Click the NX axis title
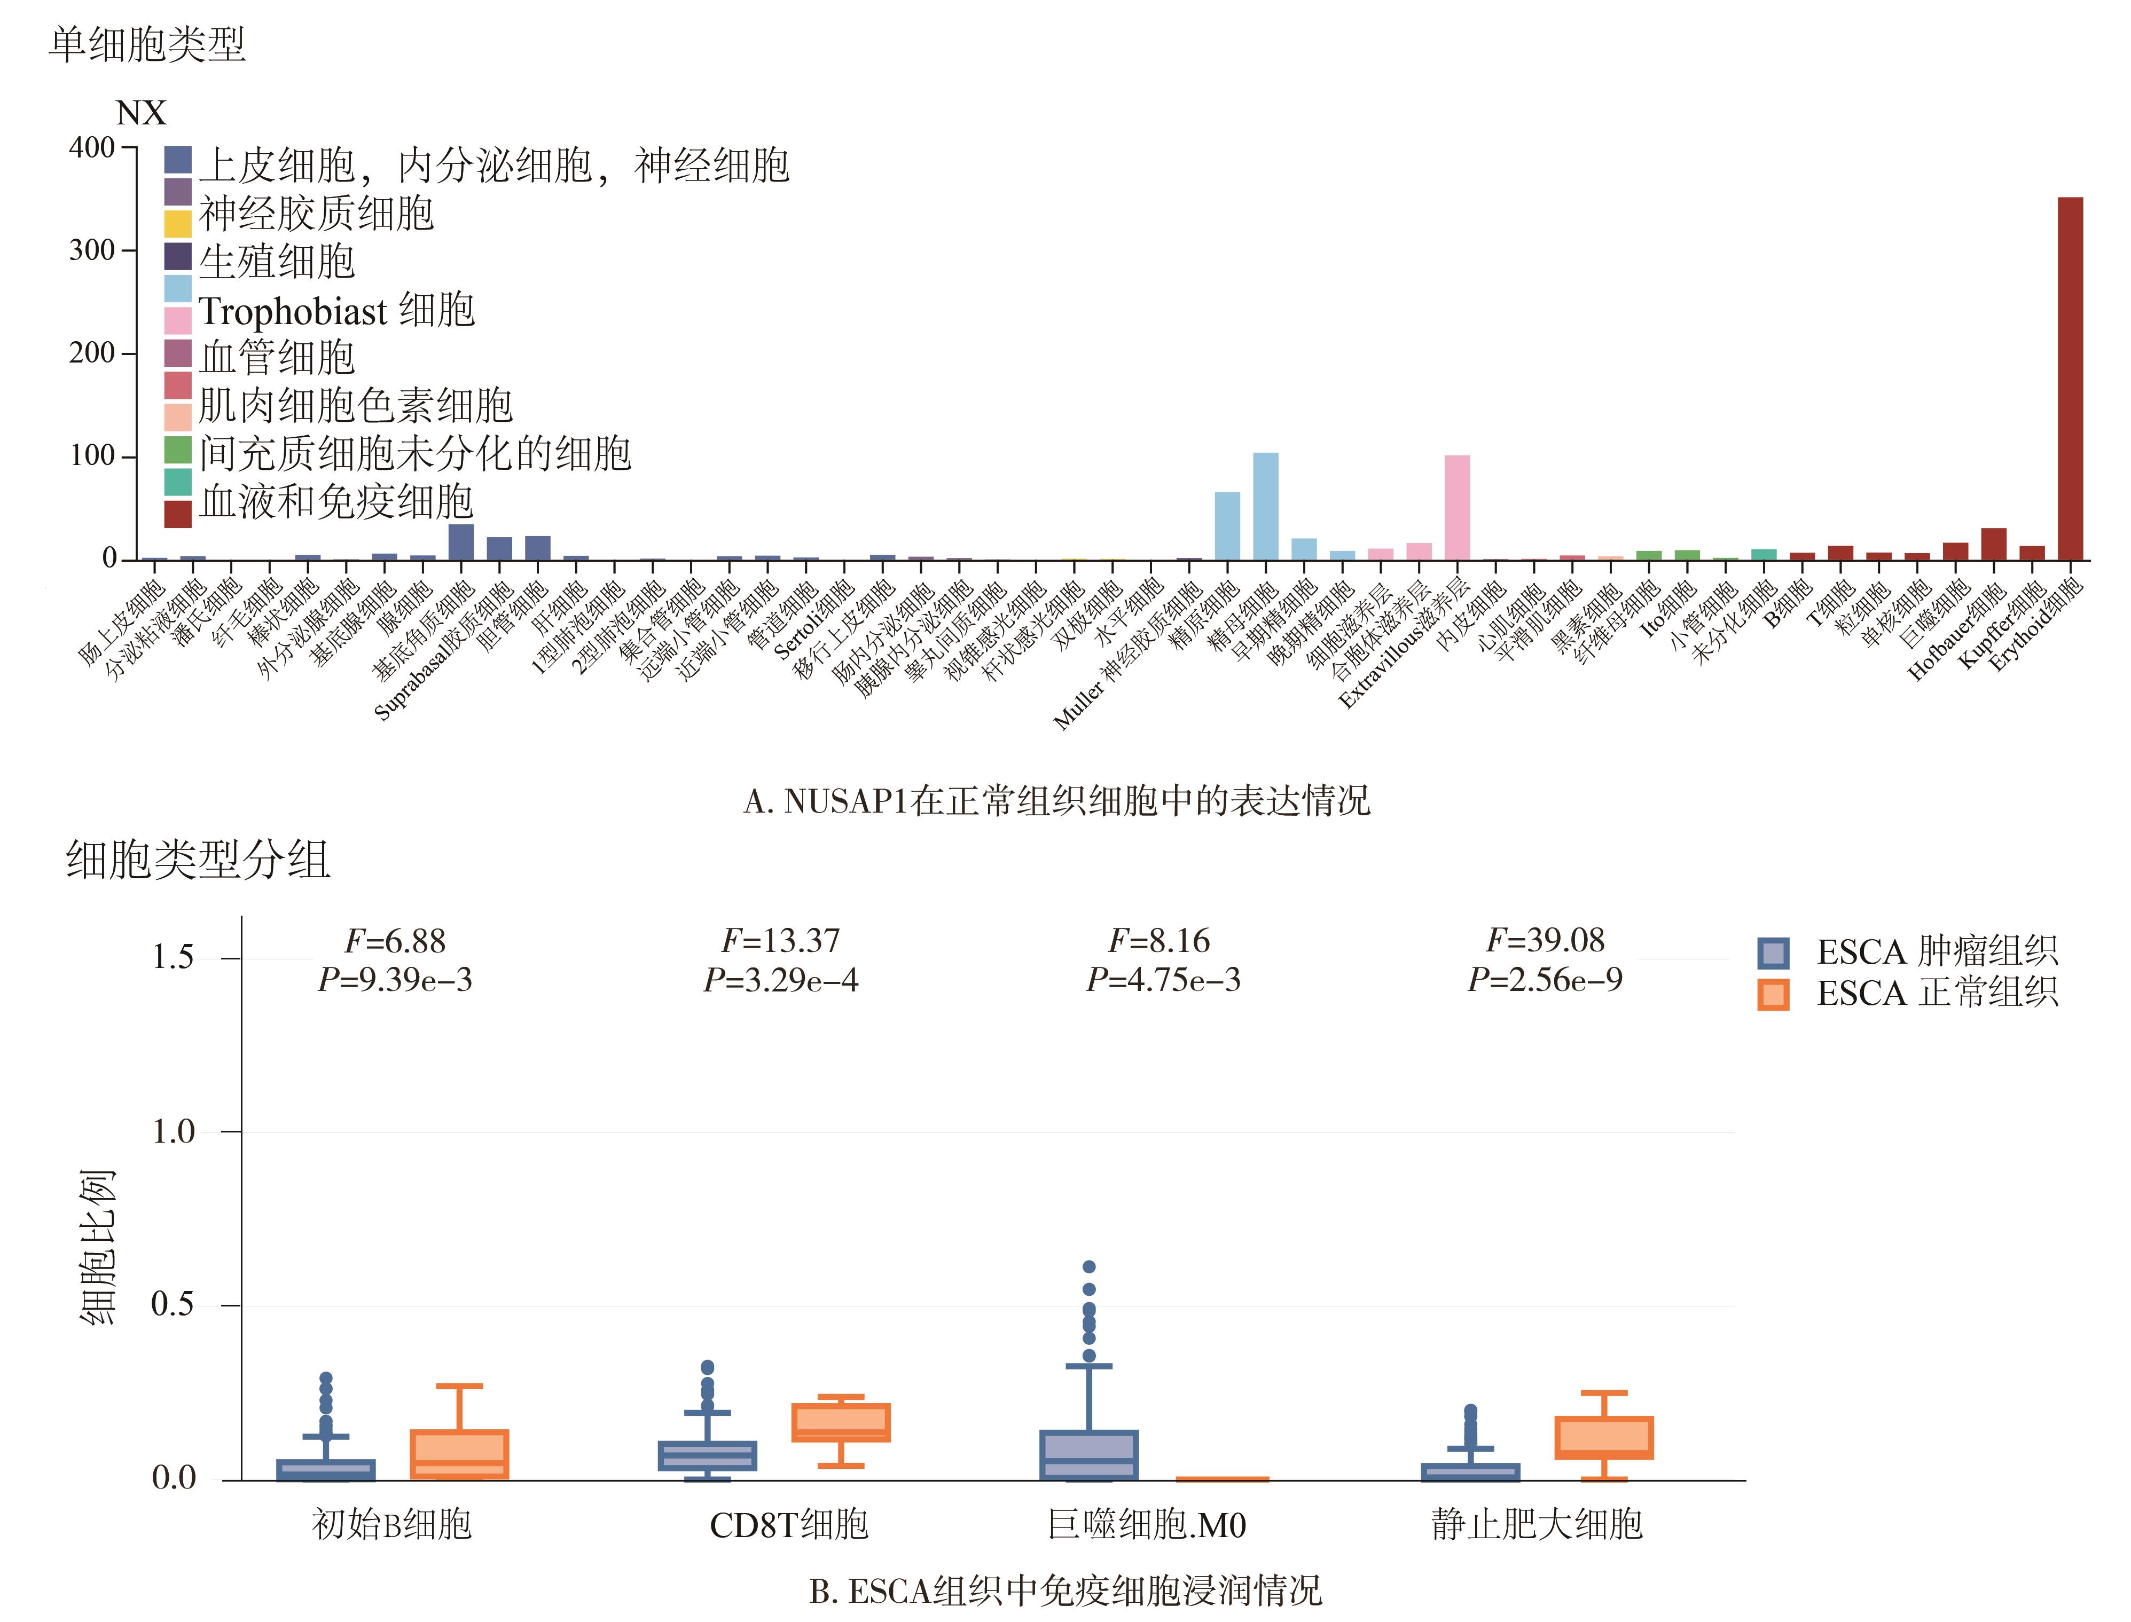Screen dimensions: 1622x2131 [x=141, y=113]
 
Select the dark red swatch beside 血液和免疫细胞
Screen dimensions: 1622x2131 [x=178, y=514]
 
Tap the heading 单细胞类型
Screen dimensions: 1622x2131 [x=147, y=44]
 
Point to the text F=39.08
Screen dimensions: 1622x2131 [x=1545, y=940]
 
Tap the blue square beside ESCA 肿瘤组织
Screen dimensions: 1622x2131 [x=1773, y=953]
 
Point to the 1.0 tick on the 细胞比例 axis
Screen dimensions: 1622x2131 [x=173, y=1131]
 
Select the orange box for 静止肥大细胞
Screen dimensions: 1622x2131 [x=1604, y=1438]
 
